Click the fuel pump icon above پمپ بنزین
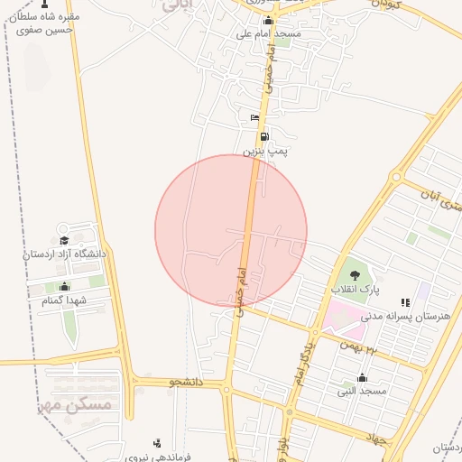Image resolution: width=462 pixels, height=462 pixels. point(263,137)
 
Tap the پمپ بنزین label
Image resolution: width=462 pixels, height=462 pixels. point(264,152)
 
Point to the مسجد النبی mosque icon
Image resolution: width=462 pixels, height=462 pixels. point(362,377)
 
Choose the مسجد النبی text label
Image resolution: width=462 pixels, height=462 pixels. point(362,391)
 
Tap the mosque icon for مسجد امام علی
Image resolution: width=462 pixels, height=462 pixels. point(267,21)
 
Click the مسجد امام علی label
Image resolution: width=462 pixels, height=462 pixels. point(268,34)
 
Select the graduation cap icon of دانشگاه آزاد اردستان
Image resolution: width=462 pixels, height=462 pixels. point(63,240)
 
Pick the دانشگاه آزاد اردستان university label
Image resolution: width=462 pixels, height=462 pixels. point(64,254)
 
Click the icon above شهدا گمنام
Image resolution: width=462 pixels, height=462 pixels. point(63,286)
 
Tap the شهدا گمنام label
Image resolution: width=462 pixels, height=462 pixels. point(63,300)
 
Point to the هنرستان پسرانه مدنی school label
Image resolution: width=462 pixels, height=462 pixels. point(405,316)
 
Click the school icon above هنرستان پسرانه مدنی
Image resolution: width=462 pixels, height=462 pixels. point(405,302)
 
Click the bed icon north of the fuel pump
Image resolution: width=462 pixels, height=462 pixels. point(254,118)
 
